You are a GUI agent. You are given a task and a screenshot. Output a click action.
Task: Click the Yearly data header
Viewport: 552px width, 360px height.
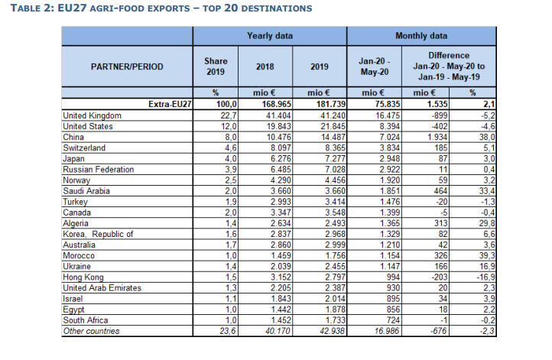tap(270, 36)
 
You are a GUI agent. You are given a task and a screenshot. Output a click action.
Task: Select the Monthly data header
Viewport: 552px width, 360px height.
tap(421, 36)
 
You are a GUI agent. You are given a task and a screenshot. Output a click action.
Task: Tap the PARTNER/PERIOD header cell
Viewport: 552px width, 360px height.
tap(127, 66)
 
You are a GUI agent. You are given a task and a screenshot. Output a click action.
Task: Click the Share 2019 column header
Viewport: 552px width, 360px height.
tap(216, 66)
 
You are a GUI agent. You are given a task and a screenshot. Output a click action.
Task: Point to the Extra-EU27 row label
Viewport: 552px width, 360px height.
tap(170, 104)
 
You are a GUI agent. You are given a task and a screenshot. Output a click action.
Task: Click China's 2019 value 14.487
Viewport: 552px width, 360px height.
tap(333, 137)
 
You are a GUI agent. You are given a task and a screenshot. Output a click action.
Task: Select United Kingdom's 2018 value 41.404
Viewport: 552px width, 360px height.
tap(278, 115)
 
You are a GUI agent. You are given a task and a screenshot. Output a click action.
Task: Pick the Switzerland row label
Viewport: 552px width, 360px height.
tap(84, 148)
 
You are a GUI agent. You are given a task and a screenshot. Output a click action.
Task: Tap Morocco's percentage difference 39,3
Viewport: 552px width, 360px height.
tap(487, 255)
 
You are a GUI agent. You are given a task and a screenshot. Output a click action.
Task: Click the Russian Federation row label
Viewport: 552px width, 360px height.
tap(98, 169)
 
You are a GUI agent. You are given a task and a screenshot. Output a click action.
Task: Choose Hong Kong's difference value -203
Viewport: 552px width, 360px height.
tap(440, 277)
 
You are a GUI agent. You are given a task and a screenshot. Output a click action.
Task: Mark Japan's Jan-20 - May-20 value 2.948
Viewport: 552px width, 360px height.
tap(389, 159)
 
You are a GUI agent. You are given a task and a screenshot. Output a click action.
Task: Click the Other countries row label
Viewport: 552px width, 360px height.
tap(91, 331)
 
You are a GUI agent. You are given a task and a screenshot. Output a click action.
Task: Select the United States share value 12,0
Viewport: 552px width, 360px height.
tap(229, 126)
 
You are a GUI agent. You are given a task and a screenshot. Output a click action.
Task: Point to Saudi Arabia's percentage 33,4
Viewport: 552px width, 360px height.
tap(487, 191)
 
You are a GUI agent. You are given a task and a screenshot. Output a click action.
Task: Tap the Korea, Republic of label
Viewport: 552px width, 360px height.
tap(98, 234)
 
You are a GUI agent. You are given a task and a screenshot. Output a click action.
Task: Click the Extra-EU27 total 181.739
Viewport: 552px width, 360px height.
tap(332, 104)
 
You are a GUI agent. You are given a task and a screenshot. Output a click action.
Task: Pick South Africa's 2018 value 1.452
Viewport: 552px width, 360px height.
tap(281, 320)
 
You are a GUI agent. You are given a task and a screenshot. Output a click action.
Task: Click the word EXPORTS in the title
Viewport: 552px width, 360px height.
tap(169, 8)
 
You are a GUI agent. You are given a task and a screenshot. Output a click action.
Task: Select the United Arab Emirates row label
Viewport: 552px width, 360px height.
tap(102, 288)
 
